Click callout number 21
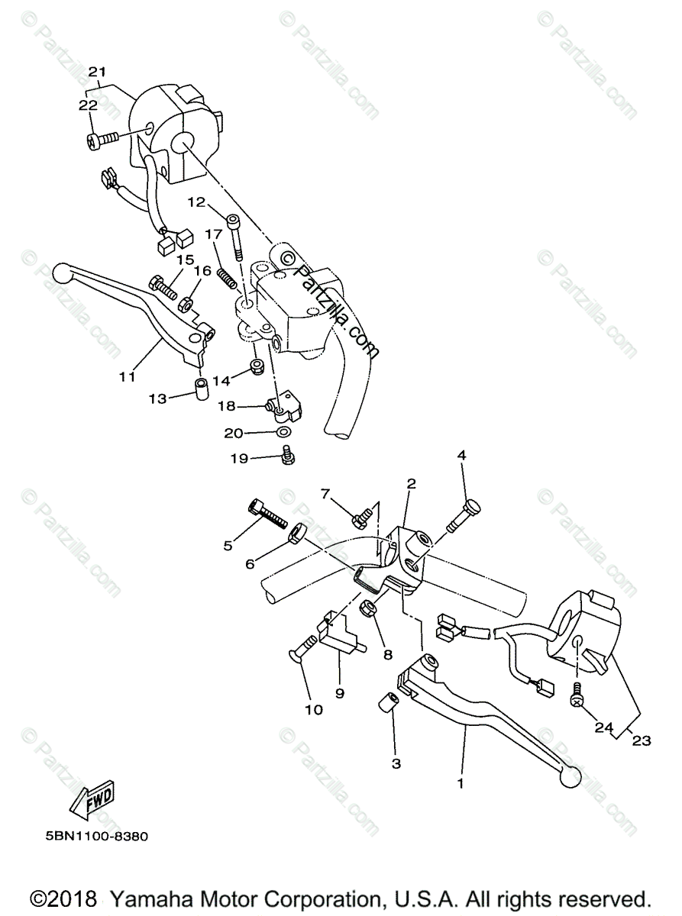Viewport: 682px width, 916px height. pos(96,72)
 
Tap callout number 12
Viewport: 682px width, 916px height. pos(196,202)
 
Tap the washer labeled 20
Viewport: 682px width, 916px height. pos(283,434)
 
